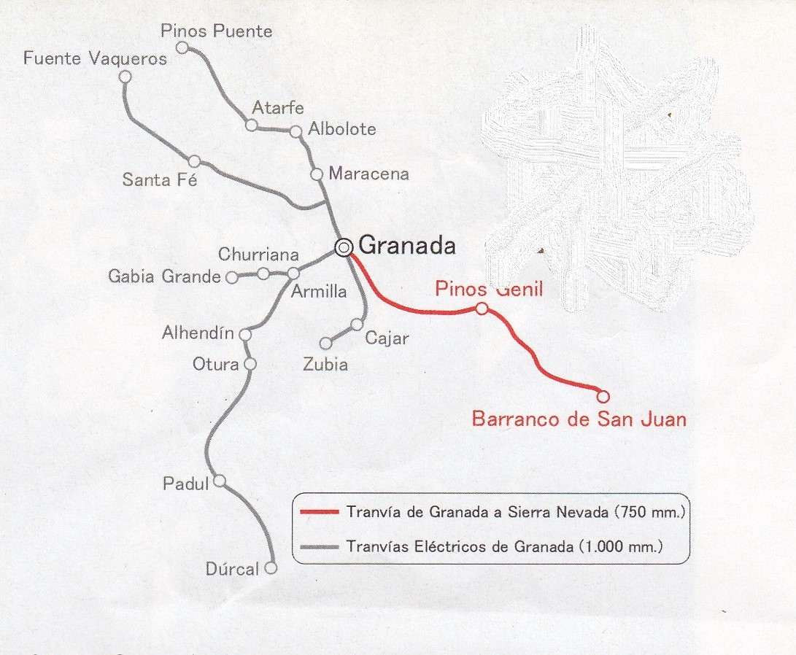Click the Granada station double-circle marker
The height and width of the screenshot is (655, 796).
344,248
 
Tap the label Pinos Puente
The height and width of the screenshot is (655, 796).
216,31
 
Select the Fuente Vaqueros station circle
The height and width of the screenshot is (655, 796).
125,77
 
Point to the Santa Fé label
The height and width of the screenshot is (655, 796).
160,179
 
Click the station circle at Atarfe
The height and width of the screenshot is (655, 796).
251,125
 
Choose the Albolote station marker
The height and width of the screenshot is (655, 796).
296,131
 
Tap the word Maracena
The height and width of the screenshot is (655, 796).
368,174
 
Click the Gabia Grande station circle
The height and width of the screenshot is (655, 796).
231,277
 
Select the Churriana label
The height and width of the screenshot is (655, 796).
258,255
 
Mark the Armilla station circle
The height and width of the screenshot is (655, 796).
293,274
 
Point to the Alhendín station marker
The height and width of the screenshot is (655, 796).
245,334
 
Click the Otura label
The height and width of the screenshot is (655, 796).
216,363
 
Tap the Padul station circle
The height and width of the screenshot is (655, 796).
219,481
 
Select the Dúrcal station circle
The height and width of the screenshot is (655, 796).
271,568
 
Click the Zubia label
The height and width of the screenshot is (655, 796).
325,365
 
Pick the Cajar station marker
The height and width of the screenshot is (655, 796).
357,324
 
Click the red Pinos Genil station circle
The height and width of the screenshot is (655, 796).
482,309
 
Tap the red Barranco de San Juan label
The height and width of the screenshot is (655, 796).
579,419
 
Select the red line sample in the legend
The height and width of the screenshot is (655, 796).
320,512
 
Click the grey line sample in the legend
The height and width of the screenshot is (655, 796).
320,546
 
